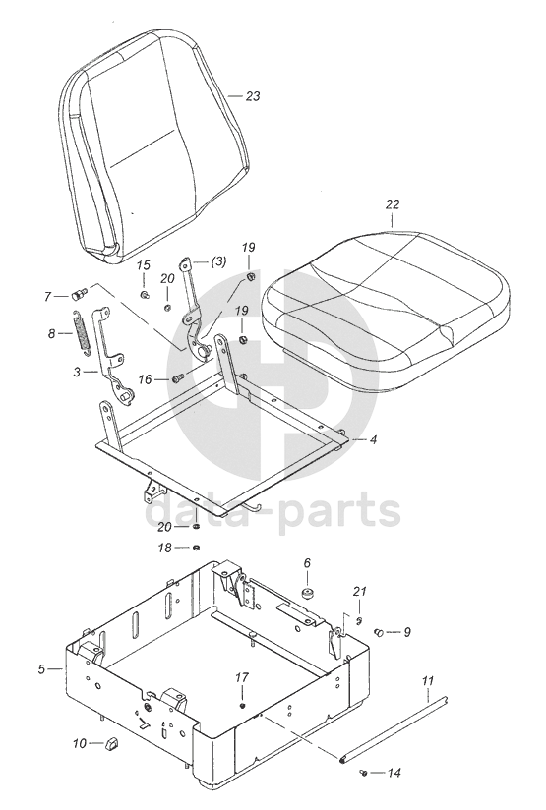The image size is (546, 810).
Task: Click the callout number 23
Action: pos(253,96)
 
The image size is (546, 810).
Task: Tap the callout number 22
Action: pos(393,204)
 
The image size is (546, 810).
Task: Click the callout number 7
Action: pos(47,297)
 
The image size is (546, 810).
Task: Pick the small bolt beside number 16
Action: pos(178,378)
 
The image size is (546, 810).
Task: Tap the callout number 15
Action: pos(144,265)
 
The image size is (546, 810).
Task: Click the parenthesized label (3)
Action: pos(218,261)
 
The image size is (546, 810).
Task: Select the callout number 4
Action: pos(373,439)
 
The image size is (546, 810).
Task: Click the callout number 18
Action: pos(164,548)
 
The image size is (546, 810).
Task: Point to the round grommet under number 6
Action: pos(309,594)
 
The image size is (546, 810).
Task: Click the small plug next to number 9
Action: pos(380,631)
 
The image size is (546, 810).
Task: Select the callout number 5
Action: pos(41,669)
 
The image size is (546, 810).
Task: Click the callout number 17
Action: pos(242,677)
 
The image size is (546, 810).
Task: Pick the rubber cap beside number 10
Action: pos(111,744)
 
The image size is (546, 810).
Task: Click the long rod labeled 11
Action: pos(394,729)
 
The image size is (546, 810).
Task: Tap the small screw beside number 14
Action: pos(363,773)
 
